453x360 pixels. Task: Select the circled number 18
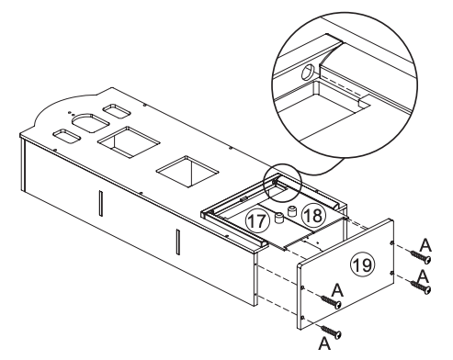click(x=313, y=215)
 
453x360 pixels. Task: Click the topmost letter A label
click(x=424, y=242)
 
